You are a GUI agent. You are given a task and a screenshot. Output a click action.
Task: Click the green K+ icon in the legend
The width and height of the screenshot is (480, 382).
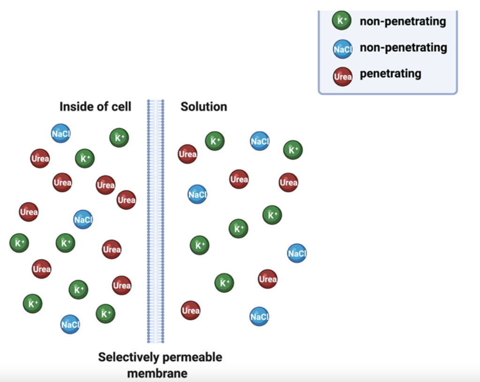click(342, 21)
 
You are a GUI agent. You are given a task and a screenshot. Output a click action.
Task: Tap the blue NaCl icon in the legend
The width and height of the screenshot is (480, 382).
click(343, 49)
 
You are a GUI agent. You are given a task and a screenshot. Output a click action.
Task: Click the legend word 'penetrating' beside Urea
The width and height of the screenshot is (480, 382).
click(390, 74)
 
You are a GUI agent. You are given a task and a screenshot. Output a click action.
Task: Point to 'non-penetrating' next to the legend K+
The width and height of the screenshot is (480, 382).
click(403, 21)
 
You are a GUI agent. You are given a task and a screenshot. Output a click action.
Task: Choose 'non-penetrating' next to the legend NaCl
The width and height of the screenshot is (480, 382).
click(403, 48)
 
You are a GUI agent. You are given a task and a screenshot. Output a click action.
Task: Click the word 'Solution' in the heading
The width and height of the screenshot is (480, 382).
click(204, 107)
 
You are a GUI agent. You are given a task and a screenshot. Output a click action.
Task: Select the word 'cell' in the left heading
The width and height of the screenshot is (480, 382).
click(121, 107)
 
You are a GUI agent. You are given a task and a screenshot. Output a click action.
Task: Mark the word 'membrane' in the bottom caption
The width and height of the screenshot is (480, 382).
click(157, 373)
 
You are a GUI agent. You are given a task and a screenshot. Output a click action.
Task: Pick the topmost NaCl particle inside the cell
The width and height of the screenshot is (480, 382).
click(61, 133)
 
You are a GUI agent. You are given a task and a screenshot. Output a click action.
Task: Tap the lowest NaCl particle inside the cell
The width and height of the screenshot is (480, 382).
click(70, 324)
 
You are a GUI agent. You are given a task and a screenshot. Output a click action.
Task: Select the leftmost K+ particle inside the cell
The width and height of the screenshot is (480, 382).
click(19, 243)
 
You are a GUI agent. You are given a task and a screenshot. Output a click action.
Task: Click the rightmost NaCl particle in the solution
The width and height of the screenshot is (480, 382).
click(297, 253)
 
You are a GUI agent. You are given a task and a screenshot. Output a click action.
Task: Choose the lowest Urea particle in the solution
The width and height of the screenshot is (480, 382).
click(191, 310)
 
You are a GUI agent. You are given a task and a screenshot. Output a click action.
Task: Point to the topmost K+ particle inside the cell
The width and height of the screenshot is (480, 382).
click(119, 138)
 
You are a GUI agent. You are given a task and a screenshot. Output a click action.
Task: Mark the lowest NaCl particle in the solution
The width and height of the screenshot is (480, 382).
click(259, 317)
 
